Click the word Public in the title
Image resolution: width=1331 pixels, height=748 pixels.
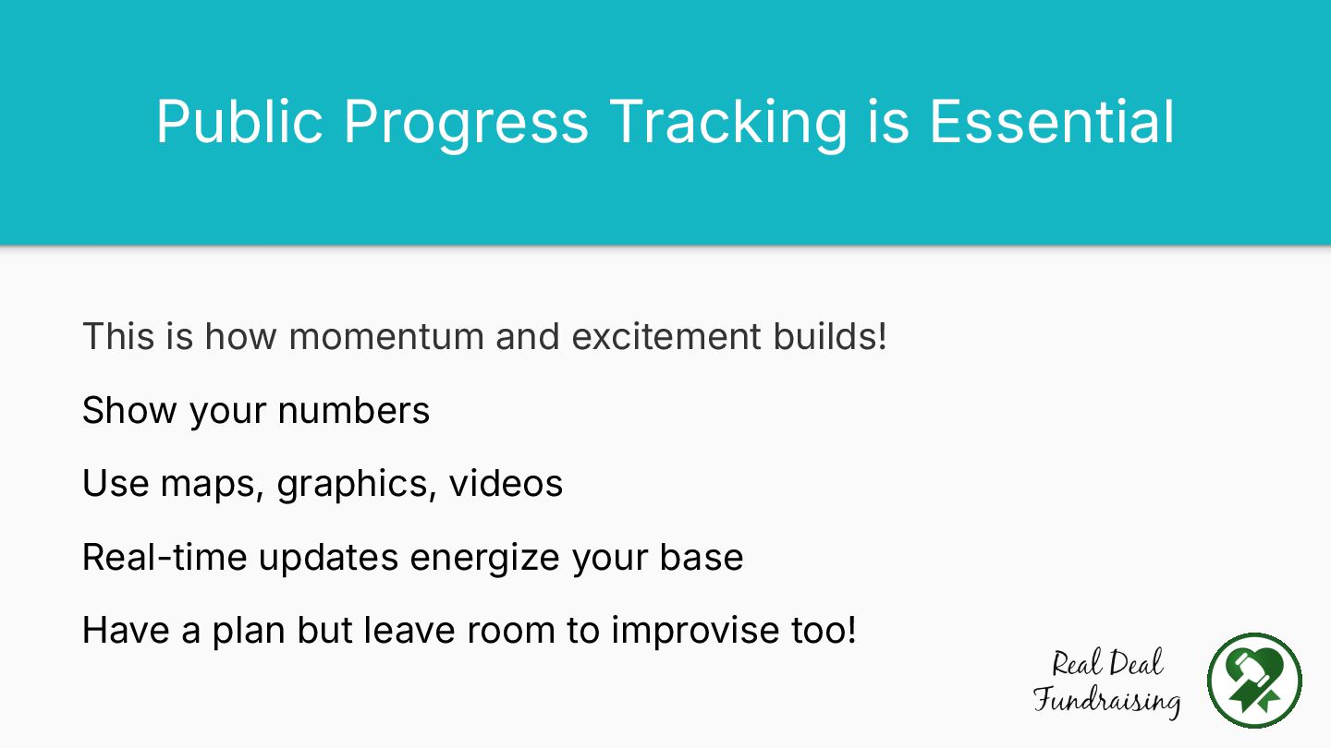point(240,122)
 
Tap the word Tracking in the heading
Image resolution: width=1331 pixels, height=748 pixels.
point(728,126)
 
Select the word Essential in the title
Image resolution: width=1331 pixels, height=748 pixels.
point(1052,122)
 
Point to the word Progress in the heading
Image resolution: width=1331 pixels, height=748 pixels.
point(467,126)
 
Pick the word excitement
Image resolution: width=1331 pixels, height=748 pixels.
point(666,336)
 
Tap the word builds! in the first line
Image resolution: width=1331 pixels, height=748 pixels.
point(830,335)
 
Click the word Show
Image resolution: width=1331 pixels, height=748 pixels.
point(129,410)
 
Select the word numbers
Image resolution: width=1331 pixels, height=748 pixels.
point(353,410)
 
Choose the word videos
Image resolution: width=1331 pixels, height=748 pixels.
point(506,483)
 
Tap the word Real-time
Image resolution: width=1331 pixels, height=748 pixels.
point(165,557)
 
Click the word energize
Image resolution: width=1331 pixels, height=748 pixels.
point(485,560)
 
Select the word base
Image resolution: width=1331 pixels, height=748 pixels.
point(702,557)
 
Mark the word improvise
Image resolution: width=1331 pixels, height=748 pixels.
point(695,631)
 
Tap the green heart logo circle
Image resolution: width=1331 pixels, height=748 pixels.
point(1254,681)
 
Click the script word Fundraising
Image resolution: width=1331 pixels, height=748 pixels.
point(1106,701)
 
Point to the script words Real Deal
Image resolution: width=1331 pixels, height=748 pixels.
point(1107,664)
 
